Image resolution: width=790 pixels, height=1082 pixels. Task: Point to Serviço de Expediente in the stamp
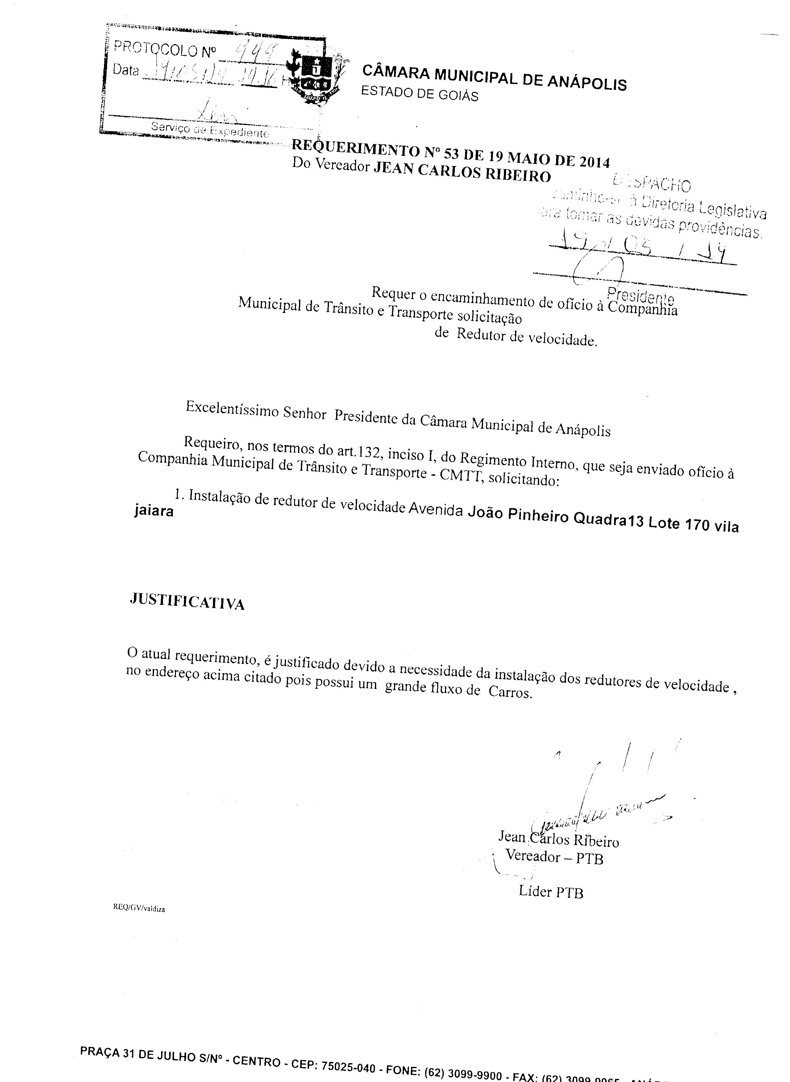(210, 129)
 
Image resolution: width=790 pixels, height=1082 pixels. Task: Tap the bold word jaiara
(154, 511)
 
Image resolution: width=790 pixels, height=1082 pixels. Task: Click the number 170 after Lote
(697, 525)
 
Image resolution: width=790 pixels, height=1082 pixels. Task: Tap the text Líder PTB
(551, 892)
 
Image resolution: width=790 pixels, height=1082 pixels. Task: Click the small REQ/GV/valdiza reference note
(139, 909)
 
